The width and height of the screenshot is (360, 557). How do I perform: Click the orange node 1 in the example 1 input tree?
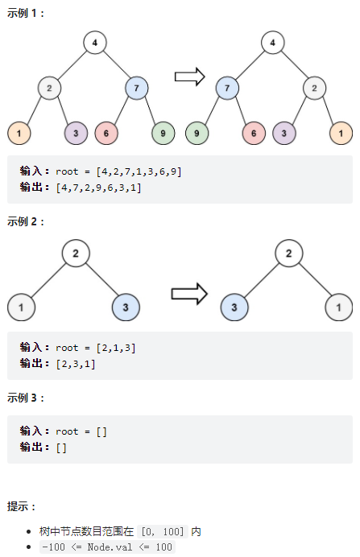point(19,133)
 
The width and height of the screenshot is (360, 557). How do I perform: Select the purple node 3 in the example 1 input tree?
point(76,133)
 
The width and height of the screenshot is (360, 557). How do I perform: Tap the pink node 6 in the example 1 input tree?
point(106,133)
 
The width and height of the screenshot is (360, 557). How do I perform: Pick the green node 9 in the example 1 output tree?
point(197,133)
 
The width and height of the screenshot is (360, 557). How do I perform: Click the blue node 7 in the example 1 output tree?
point(227,88)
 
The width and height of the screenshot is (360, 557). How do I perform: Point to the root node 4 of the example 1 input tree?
point(95,43)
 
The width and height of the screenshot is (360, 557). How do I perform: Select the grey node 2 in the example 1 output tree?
point(315,88)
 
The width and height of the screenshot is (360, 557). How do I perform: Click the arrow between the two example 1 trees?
point(190,76)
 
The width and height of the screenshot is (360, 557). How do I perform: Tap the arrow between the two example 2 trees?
point(189,294)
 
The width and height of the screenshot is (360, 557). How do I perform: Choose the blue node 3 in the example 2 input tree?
point(126,307)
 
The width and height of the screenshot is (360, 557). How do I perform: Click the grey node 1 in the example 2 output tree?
point(339,307)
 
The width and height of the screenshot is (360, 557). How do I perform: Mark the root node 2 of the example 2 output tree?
point(289,254)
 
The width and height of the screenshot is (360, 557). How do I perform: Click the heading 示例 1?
point(26,14)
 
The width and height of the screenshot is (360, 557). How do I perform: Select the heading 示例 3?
point(26,398)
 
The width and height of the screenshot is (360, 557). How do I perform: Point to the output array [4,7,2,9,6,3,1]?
point(99,188)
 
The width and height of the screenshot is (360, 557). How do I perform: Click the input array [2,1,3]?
point(116,348)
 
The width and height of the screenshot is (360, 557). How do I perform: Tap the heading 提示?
point(21,506)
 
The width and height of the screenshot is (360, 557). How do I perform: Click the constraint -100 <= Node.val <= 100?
point(107,547)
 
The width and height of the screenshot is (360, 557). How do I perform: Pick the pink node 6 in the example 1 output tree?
point(254,133)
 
